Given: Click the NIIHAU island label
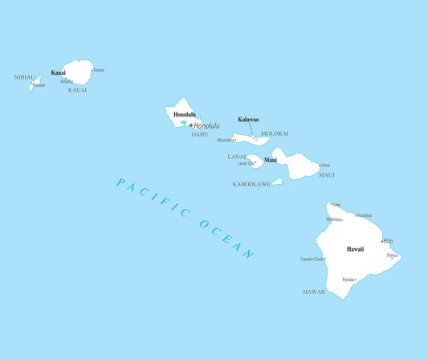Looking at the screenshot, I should (25, 77).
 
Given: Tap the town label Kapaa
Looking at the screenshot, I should (99, 70).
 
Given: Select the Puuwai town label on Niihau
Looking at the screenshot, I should (39, 85).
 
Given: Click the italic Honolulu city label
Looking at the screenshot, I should (206, 125).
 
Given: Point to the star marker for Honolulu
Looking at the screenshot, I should (190, 125).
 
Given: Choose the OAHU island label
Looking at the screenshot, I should (199, 134).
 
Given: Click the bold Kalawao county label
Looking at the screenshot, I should (248, 120).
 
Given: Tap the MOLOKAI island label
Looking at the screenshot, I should (275, 133).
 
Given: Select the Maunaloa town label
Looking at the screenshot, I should (225, 140).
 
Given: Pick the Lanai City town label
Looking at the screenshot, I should (246, 163).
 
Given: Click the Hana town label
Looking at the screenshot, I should (325, 166).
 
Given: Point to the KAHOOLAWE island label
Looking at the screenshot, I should (251, 184).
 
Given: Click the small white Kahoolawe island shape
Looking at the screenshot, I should (277, 182).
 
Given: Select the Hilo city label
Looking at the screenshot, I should (388, 241).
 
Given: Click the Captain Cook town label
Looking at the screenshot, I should (312, 259).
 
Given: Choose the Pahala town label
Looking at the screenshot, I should (349, 280).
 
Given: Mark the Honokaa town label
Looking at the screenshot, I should (364, 215).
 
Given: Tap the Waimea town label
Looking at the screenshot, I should (333, 219).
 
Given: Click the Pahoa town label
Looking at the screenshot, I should (392, 256).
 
